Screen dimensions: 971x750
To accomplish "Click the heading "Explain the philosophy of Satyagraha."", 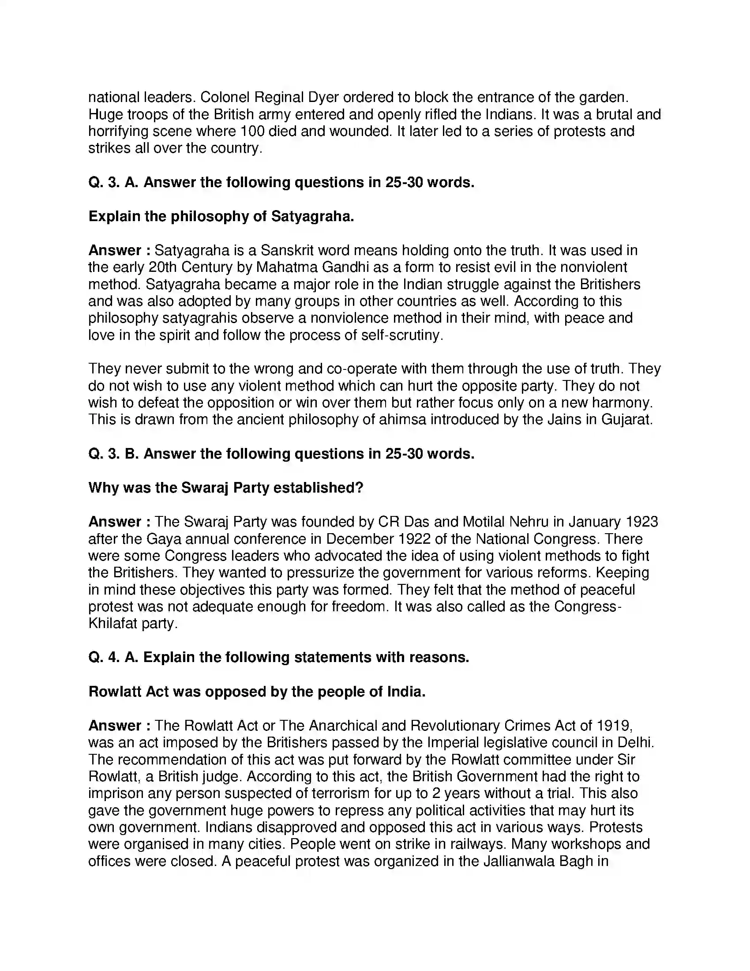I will pos(221,217).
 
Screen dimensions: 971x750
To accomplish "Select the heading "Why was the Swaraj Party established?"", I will pos(226,488).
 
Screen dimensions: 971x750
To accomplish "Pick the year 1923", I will pos(641,522).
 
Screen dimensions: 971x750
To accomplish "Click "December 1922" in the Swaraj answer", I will pos(378,539).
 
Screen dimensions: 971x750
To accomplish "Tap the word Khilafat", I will pos(113,623).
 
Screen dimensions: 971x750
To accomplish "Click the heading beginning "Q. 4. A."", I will pos(278,657).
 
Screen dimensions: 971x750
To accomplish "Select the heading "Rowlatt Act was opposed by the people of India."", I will pos(257,692).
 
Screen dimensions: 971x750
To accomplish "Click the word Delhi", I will pos(635,742).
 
